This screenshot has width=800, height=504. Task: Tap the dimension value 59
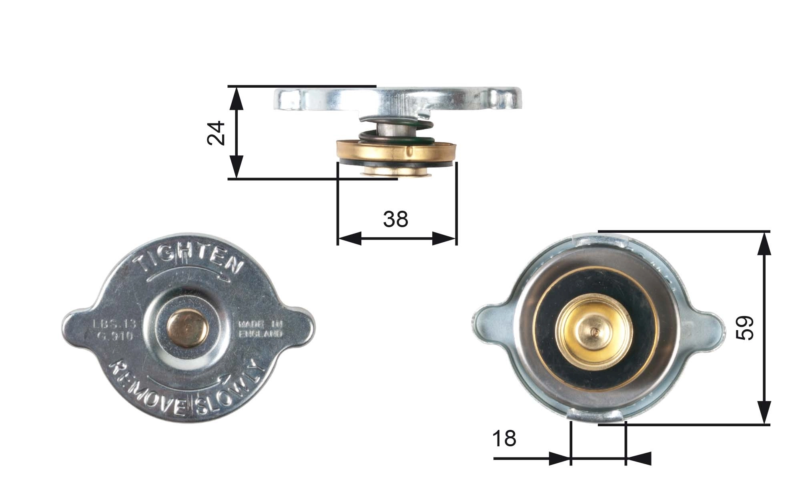pyautogui.click(x=745, y=328)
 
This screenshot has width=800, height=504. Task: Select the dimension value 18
pyautogui.click(x=504, y=439)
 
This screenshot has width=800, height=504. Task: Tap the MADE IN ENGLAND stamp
pyautogui.click(x=261, y=329)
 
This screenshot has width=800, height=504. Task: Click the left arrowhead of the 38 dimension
pyautogui.click(x=349, y=238)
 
